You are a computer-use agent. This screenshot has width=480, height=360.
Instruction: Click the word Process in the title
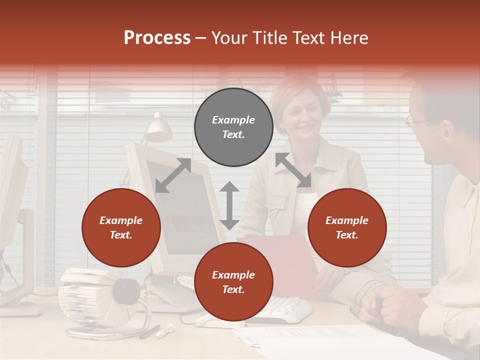click(x=157, y=38)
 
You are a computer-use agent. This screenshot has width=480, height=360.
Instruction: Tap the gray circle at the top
click(x=233, y=127)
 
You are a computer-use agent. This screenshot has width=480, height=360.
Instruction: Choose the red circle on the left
click(x=121, y=227)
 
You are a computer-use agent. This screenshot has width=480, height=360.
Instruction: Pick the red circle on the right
click(x=347, y=227)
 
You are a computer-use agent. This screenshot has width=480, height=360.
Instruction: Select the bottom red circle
click(x=233, y=282)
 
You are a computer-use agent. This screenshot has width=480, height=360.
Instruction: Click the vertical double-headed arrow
click(x=229, y=205)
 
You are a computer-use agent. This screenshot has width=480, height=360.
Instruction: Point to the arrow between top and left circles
click(x=173, y=175)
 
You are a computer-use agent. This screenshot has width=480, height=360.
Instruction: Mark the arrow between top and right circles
click(x=293, y=170)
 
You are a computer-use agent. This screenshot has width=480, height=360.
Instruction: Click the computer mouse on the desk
click(x=210, y=320)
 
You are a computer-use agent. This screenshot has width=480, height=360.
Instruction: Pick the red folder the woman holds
click(x=290, y=260)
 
